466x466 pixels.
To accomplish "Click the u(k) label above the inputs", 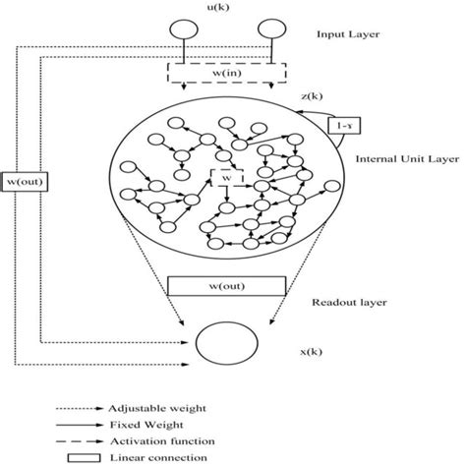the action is coord(218,7).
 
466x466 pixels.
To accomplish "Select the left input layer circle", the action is coord(184,29).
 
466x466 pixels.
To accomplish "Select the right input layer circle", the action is coord(272,29).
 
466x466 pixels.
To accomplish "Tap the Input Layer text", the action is coord(348,34).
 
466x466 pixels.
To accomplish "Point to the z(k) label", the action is coord(312,96).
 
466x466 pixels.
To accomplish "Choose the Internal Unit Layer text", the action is coord(407,159).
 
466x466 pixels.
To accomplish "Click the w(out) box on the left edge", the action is coord(25,181).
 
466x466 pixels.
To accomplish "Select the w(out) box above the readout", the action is coord(227,286).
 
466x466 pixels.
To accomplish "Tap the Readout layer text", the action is coord(349,302).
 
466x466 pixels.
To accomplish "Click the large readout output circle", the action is coord(227,343).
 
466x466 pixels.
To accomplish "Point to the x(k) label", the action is coord(312,352).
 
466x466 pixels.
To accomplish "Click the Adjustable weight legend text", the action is coord(157,409).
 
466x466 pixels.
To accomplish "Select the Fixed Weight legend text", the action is coord(146,425).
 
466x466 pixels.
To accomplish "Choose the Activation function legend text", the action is coord(162,441).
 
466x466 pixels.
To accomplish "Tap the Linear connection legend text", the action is coord(158,458).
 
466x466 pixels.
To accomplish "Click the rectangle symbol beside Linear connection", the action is coord(84,458).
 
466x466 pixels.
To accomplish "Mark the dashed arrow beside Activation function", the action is coord(80,441).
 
